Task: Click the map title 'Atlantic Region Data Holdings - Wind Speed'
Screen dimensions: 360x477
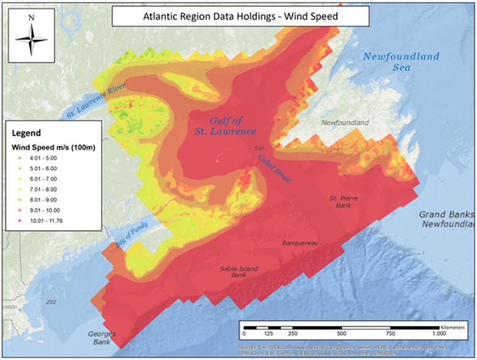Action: pos(240,16)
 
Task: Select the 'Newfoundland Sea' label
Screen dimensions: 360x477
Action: pos(401,62)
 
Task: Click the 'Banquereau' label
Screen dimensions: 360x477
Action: pos(300,243)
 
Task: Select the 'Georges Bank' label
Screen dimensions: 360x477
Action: pos(101,338)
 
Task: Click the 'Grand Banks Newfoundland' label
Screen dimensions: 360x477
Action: pos(446,220)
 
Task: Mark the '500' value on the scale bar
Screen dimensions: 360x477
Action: pos(341,334)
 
